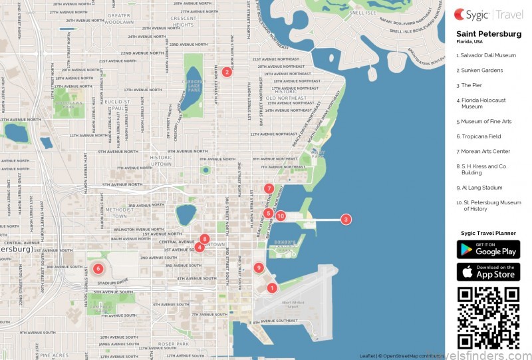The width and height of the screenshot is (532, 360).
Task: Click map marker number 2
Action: pos(227,72)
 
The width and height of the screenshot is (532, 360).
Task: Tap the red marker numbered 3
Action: pos(346,219)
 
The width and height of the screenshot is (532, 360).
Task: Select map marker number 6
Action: pos(98,269)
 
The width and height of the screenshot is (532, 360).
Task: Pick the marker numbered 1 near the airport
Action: pos(271,288)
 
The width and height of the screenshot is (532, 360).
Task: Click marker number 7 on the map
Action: pos(269,188)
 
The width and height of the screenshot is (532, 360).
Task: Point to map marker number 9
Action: pos(259,268)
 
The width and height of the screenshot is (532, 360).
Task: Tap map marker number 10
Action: pos(281,216)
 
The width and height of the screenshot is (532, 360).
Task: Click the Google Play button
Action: pos(488,250)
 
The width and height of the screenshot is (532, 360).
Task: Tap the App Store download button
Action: pos(488,272)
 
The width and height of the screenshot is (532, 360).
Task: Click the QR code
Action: pos(488,317)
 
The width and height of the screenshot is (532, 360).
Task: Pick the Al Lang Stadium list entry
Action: pos(479,188)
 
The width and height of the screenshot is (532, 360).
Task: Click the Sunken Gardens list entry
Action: pos(479,70)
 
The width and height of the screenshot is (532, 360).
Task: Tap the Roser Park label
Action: pos(174,344)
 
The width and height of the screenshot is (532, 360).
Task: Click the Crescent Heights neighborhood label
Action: pos(183,21)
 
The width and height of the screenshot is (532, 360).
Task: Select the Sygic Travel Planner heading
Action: pos(488,234)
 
